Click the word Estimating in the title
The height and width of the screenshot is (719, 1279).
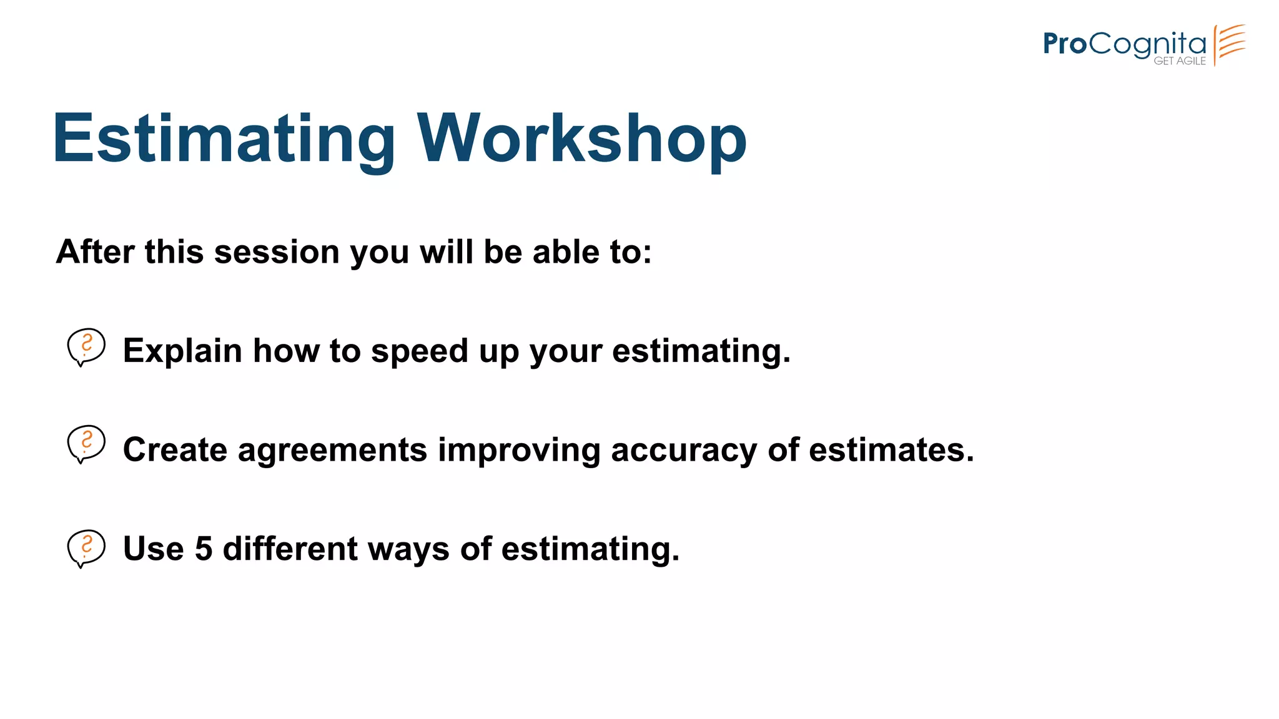click(224, 139)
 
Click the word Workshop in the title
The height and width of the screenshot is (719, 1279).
click(581, 139)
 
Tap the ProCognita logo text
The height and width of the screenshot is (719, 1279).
click(1124, 44)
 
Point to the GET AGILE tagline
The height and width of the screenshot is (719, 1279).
click(1180, 61)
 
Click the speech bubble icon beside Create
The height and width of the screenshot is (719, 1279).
click(86, 444)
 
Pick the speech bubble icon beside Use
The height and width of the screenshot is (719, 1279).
click(86, 549)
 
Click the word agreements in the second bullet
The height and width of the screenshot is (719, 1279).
click(332, 451)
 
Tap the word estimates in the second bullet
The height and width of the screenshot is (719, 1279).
click(891, 450)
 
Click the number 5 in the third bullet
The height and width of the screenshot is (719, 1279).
click(204, 549)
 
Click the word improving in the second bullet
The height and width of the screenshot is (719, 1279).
click(519, 451)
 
